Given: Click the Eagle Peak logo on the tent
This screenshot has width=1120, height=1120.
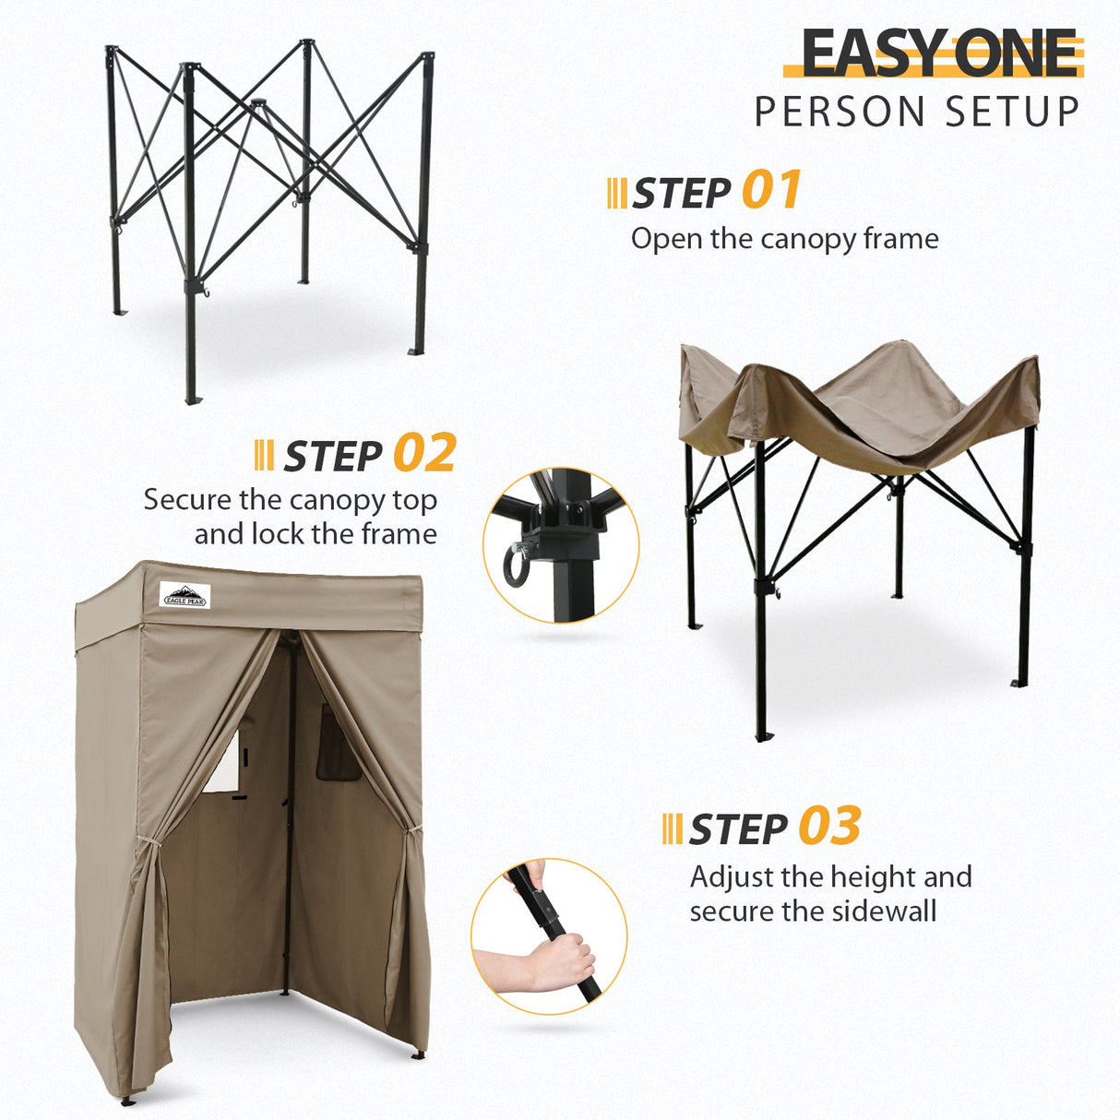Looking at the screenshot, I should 185,595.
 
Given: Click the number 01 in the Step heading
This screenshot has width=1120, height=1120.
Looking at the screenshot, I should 771,191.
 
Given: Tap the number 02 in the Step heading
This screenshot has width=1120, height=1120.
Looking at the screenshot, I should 424,453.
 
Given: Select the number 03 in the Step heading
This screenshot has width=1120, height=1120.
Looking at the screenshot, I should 829,827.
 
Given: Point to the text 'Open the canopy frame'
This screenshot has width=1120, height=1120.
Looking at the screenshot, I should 784,239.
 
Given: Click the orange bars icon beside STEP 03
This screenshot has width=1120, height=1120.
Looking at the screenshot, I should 673,828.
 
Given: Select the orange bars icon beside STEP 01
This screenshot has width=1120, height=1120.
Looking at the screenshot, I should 616,193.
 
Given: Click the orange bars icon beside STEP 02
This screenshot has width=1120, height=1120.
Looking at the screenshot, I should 263,455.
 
